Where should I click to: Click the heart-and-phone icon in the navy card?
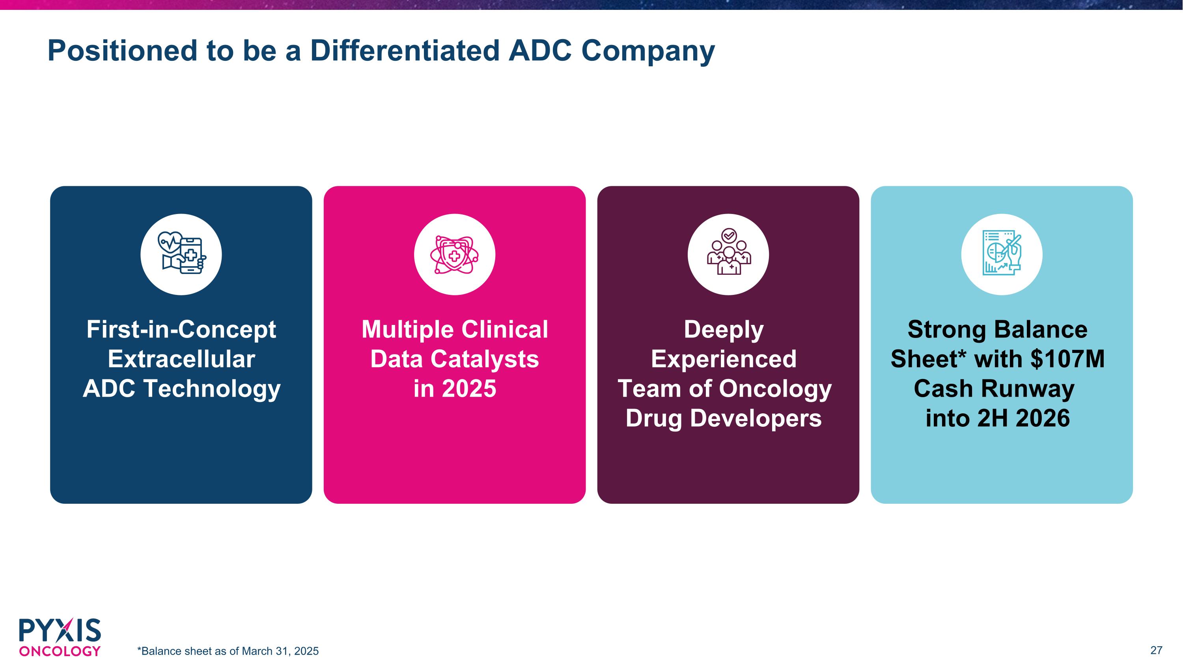[181, 254]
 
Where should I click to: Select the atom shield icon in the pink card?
[454, 254]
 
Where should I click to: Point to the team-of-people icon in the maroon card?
[728, 254]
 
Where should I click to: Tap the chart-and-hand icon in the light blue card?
[1002, 254]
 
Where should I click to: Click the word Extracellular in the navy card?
[181, 359]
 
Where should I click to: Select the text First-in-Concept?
[181, 330]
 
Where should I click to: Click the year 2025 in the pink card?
[468, 389]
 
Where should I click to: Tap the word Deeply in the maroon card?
[724, 330]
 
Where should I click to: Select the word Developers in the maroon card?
[756, 418]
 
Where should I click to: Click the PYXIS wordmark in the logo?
[60, 630]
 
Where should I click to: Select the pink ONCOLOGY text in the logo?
[60, 651]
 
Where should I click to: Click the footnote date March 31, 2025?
[280, 651]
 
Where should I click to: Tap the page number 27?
[1156, 650]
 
